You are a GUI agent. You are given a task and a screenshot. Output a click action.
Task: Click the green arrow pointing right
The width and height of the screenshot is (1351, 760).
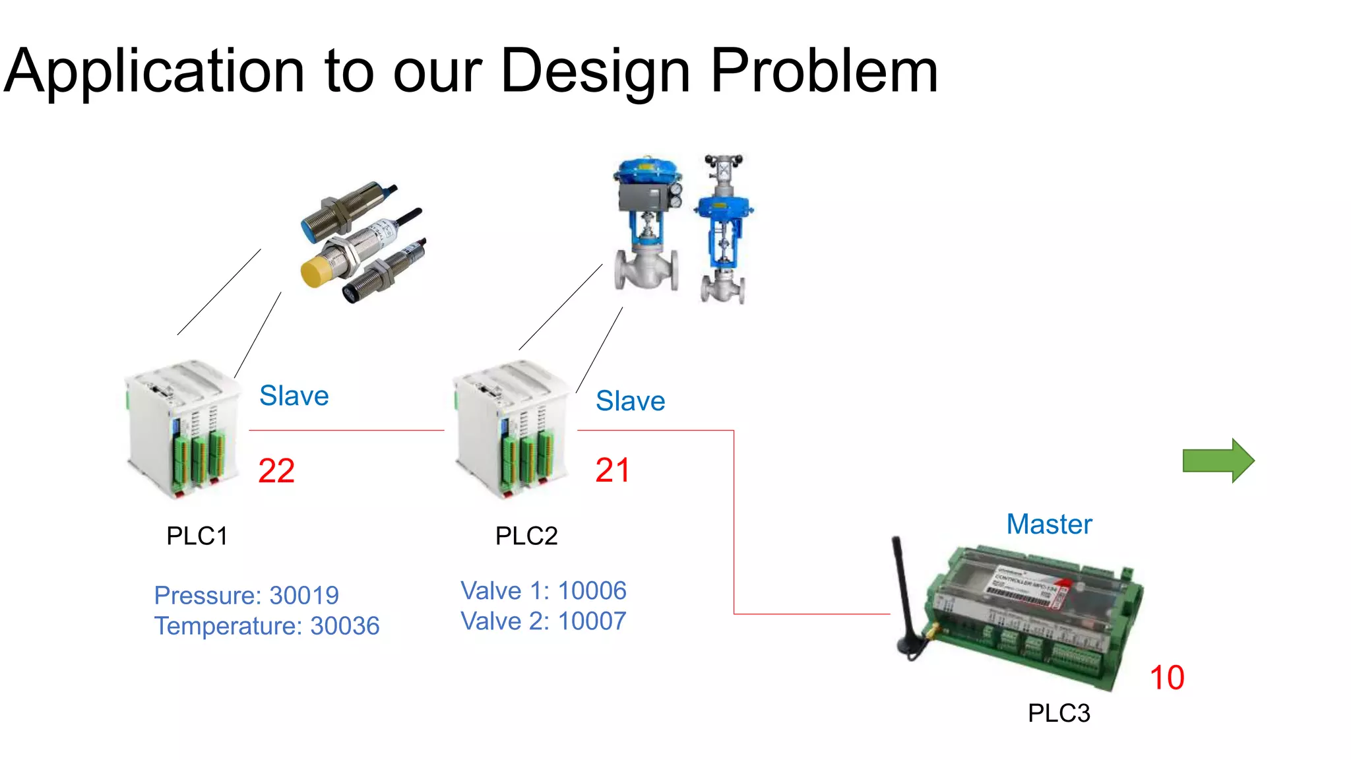(x=1217, y=460)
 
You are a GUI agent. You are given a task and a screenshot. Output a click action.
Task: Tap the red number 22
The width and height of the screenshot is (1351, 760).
(x=276, y=471)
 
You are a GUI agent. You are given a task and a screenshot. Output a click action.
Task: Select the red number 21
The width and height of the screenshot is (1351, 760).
(x=612, y=470)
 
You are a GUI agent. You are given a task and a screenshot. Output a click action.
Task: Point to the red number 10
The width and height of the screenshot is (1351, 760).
(x=1166, y=678)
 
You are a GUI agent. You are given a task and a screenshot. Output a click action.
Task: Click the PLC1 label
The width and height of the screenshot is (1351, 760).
(x=197, y=536)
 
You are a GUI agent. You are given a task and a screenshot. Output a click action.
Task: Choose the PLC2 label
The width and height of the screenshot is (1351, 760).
(x=526, y=536)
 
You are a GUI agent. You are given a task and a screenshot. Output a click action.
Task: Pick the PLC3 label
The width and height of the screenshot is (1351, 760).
(x=1058, y=713)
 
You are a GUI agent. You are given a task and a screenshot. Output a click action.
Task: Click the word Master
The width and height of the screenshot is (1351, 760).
(x=1049, y=524)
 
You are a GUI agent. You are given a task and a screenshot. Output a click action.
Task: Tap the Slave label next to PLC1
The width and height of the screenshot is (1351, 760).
(x=294, y=396)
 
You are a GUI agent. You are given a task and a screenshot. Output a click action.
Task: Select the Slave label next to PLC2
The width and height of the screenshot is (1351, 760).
(x=630, y=401)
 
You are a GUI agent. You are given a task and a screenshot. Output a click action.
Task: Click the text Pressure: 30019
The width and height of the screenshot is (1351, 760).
(x=246, y=596)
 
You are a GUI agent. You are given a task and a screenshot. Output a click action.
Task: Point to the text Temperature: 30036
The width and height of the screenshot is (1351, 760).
(x=267, y=626)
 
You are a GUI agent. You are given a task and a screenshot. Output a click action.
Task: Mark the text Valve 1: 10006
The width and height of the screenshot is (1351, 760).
(x=543, y=591)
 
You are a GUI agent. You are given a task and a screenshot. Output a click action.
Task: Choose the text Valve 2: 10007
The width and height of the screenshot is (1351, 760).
(x=543, y=621)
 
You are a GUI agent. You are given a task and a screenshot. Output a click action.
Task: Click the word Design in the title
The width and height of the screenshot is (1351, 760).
(x=595, y=71)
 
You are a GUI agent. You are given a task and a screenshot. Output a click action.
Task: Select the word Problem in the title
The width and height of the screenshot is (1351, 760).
(x=824, y=71)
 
